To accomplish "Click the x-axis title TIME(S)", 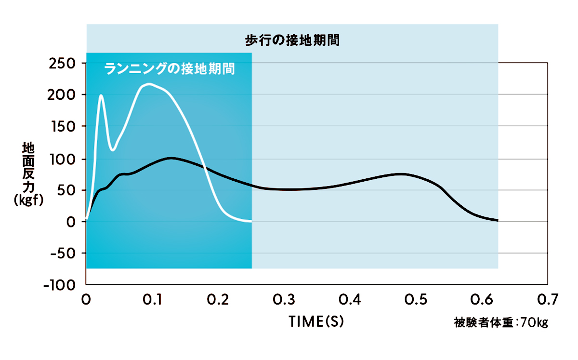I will (x=316, y=321).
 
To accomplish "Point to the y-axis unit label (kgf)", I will (x=28, y=201).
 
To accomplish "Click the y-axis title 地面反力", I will (x=28, y=164).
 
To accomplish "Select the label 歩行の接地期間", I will (x=292, y=40).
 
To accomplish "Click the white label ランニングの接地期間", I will (x=170, y=69).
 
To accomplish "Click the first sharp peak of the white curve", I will (x=101, y=95).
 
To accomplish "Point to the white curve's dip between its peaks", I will (x=113, y=150).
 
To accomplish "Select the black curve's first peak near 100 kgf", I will (x=171, y=158).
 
